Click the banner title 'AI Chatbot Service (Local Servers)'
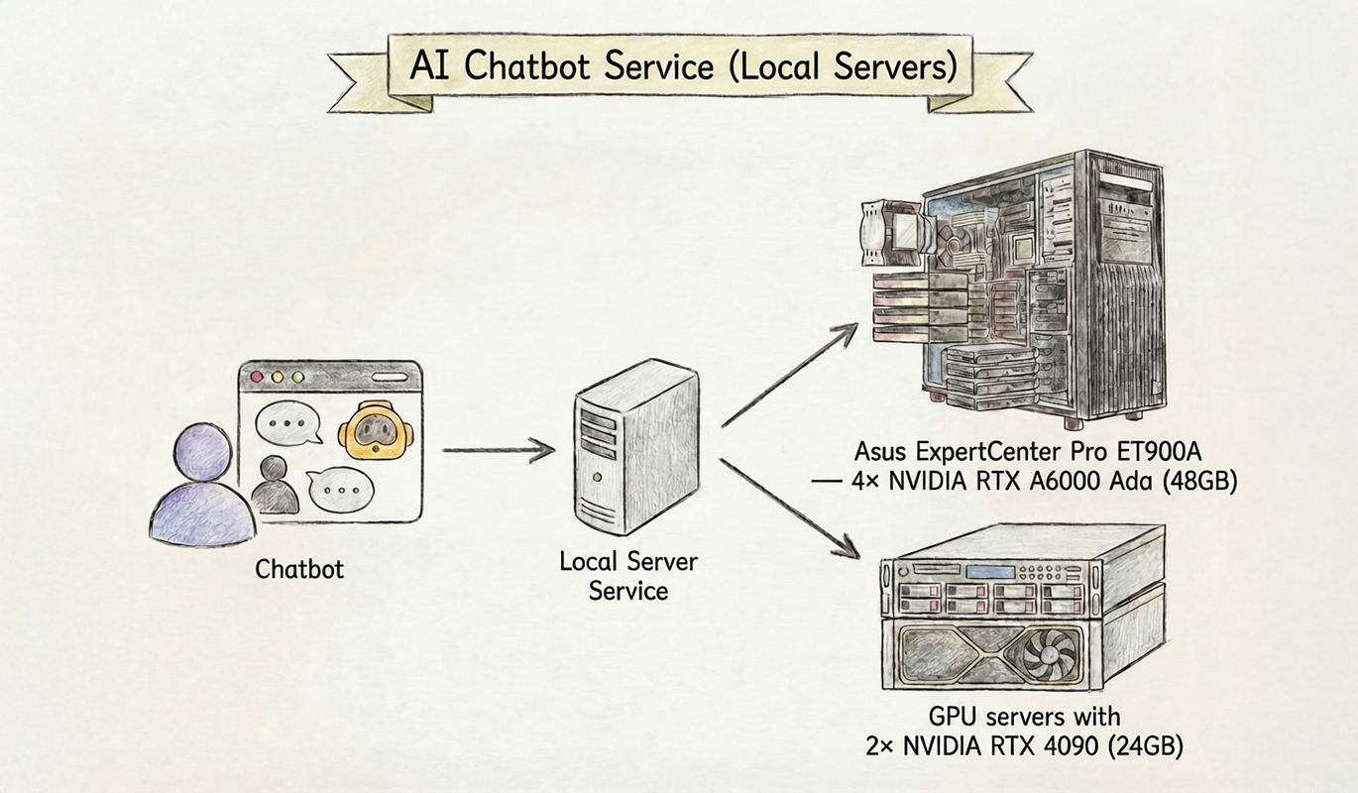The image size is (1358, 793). point(683,66)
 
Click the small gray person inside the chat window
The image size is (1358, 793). point(275,485)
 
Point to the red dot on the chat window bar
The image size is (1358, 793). point(258,378)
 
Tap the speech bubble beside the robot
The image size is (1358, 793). point(288,424)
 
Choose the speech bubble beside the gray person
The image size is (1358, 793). point(341,488)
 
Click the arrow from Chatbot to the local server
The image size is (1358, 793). point(498,451)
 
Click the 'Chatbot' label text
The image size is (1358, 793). point(299,569)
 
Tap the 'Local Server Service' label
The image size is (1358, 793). point(628,576)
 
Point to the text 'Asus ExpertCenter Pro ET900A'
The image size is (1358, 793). point(1028,452)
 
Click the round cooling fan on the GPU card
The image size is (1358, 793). point(1044,654)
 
